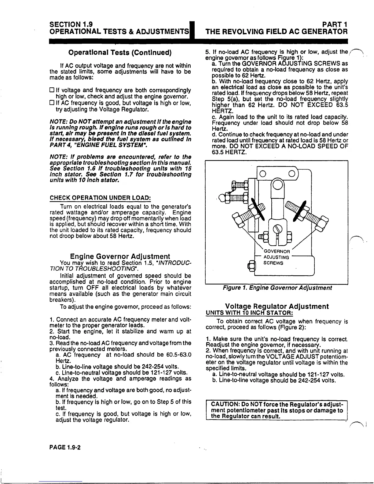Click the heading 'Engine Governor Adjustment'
click(x=120, y=256)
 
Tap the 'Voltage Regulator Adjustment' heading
click(x=277, y=306)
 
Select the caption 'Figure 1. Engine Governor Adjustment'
click(x=277, y=288)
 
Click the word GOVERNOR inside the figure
click(x=277, y=251)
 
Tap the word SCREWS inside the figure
click(x=273, y=263)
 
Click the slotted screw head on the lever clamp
click(x=277, y=228)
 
